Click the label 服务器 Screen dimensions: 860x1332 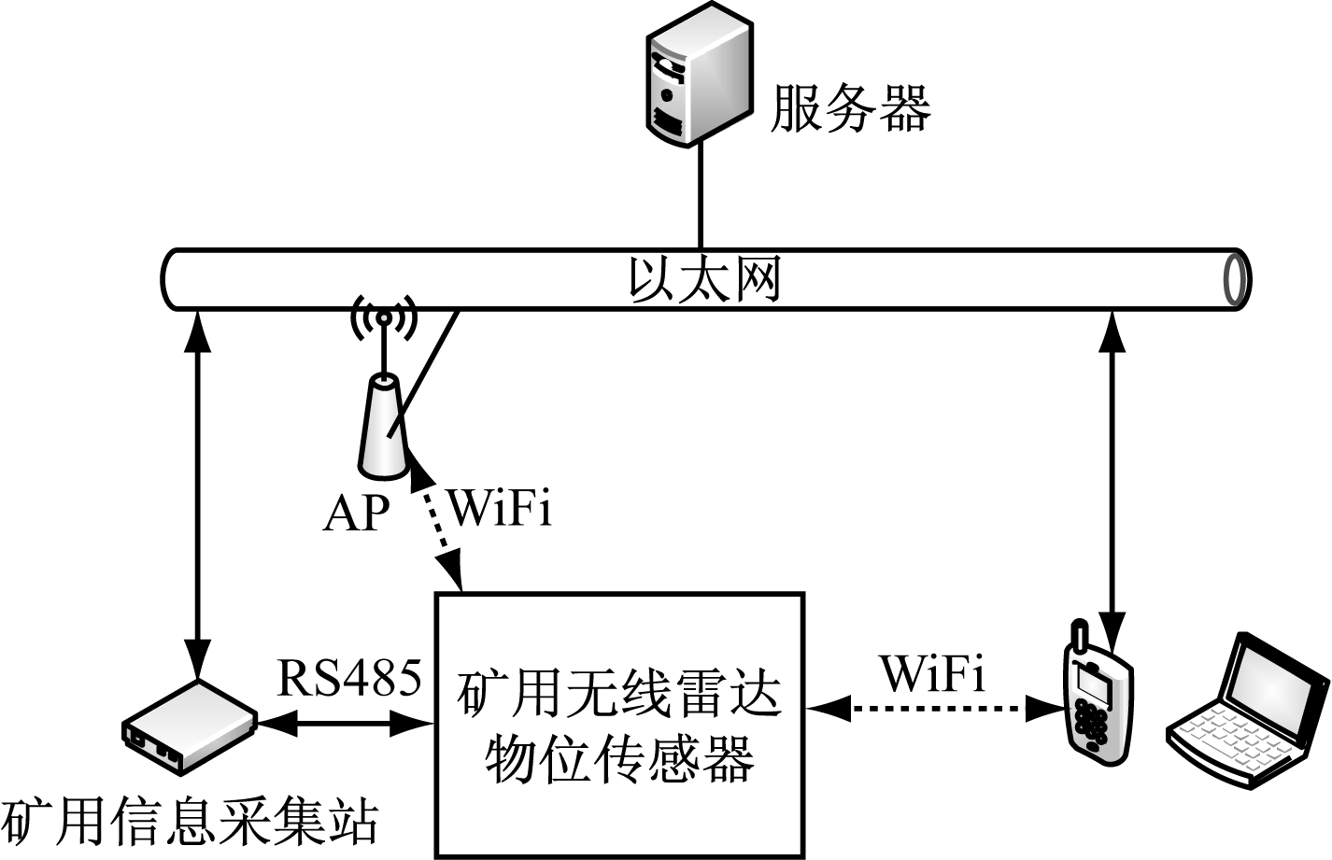(x=849, y=108)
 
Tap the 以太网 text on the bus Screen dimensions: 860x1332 (x=704, y=278)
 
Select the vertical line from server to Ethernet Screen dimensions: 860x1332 (x=700, y=196)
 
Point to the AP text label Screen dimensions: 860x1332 (x=356, y=513)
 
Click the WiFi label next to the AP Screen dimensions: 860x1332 (x=500, y=508)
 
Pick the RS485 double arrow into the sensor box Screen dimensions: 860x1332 (x=345, y=722)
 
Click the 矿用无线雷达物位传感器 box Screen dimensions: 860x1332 (x=619, y=725)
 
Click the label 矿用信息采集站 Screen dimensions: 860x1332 (x=191, y=823)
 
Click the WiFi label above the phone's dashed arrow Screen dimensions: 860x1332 (x=932, y=673)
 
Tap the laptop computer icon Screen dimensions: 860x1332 (x=1249, y=710)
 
